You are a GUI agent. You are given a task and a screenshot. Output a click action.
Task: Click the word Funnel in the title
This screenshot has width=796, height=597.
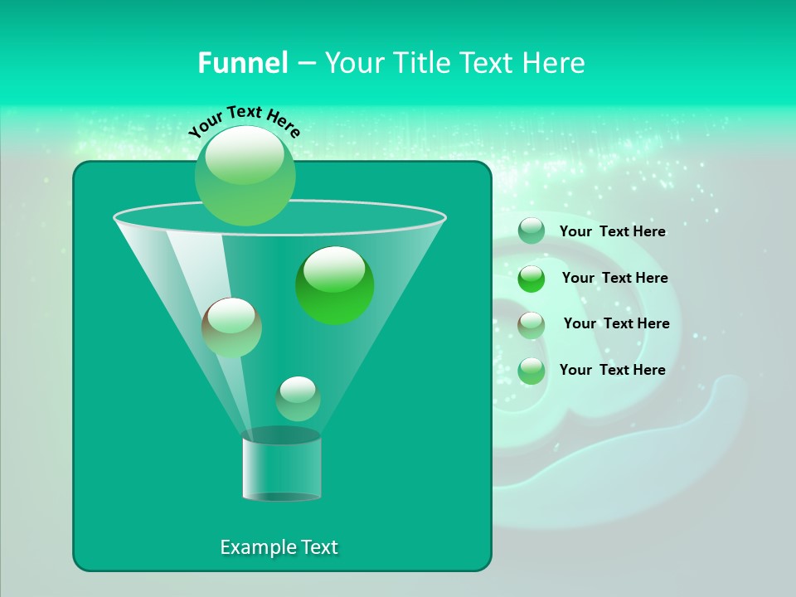tap(242, 63)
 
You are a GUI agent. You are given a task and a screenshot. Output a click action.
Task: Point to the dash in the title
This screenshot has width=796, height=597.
tap(305, 64)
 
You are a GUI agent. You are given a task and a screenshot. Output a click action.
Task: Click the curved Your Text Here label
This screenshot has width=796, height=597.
tap(244, 121)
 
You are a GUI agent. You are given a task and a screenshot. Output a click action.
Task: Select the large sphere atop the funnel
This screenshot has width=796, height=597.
tap(245, 175)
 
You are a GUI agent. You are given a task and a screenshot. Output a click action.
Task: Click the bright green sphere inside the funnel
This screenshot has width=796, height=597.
tap(334, 285)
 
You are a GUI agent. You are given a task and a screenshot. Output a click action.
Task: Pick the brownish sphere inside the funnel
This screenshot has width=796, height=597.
tap(232, 327)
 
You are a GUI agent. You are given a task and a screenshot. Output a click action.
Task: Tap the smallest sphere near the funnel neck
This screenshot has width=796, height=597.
tap(298, 398)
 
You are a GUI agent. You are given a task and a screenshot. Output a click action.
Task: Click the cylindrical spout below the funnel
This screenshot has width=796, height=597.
tap(281, 466)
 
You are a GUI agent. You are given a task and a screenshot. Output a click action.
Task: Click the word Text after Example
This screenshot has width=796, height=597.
tap(318, 547)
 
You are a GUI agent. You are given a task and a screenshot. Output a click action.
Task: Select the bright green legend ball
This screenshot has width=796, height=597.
tap(531, 279)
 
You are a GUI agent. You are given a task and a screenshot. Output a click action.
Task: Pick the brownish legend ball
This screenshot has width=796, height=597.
tap(531, 325)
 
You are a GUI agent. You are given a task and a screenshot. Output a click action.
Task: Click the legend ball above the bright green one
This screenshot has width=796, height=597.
tap(531, 231)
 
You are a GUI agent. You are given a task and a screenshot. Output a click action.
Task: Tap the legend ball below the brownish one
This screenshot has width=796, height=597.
tap(531, 371)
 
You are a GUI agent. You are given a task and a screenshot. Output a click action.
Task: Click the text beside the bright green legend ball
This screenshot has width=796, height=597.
tap(614, 278)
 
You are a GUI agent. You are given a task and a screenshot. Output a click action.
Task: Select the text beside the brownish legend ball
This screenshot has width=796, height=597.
tap(616, 323)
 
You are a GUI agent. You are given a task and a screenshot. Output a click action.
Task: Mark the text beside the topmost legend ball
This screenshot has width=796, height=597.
tap(612, 231)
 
